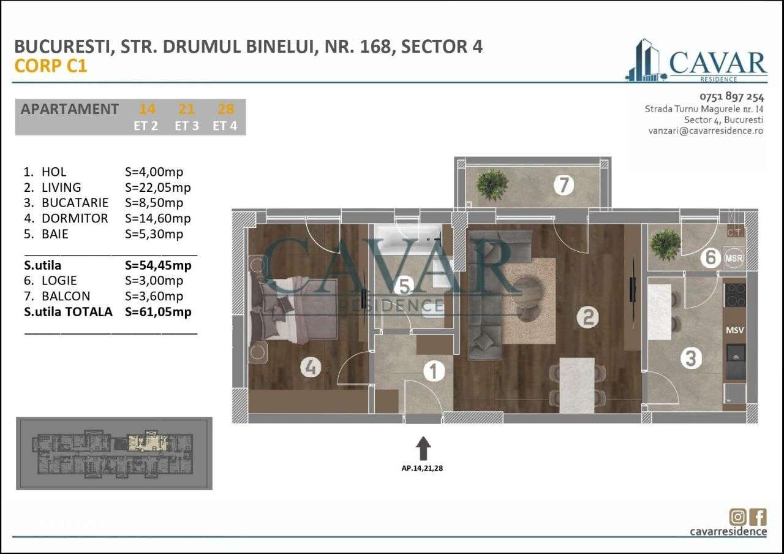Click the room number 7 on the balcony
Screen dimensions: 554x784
click(x=563, y=184)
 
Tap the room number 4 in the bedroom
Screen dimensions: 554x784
click(x=311, y=367)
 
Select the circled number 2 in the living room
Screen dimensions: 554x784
click(x=587, y=317)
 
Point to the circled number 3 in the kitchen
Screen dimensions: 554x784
click(x=691, y=358)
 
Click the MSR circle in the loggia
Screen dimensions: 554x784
click(x=733, y=258)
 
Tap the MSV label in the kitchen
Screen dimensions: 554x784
click(x=734, y=330)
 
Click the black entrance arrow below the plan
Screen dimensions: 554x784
click(x=423, y=448)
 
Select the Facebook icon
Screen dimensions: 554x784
click(x=758, y=517)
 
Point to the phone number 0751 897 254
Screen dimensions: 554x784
click(x=731, y=96)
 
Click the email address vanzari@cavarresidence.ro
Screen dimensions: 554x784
click(x=706, y=131)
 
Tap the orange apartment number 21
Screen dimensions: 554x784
click(x=186, y=109)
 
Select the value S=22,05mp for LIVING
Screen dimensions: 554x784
click(x=157, y=188)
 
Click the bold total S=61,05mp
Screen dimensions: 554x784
click(x=157, y=312)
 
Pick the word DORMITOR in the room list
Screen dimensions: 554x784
click(x=75, y=218)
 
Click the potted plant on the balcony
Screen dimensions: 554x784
click(x=492, y=183)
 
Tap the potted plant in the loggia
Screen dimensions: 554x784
click(x=665, y=245)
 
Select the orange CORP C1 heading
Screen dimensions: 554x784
click(x=51, y=66)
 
